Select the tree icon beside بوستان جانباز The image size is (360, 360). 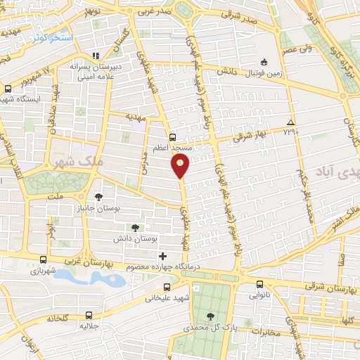pos(98,197)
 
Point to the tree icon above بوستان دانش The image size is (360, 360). pos(135,227)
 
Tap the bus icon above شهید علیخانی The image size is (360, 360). pos(167,287)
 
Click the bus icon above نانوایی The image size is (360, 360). pos(260,284)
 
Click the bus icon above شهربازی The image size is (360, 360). pos(44,259)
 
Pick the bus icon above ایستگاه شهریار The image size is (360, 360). pos(8,89)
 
